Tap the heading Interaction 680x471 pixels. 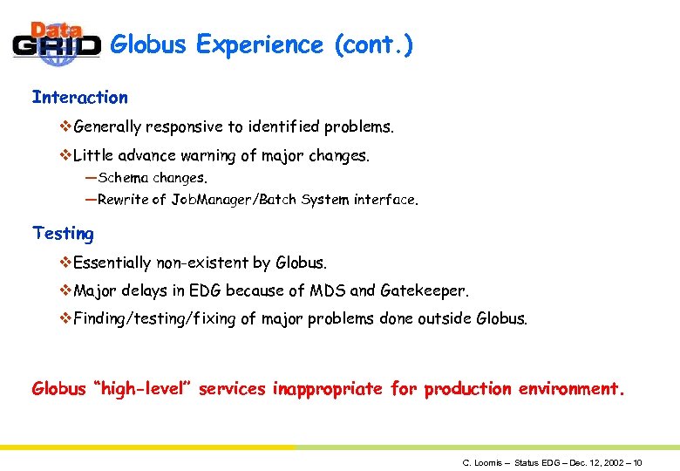click(x=79, y=98)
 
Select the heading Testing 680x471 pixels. click(x=63, y=233)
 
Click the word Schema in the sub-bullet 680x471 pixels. click(x=124, y=178)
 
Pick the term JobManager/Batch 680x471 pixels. click(x=234, y=200)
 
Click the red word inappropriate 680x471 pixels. click(x=327, y=389)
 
